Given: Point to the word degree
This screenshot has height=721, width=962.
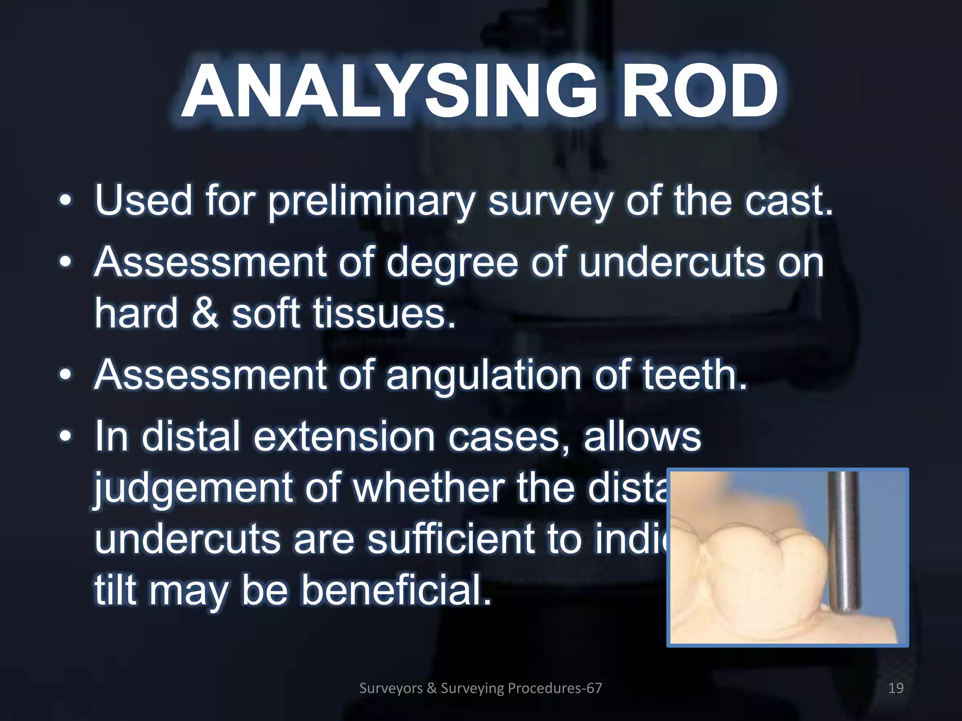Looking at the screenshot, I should pos(452,263).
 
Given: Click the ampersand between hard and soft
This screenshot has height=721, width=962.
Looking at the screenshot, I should pos(205,314).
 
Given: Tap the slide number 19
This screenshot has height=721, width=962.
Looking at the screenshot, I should pos(896,688).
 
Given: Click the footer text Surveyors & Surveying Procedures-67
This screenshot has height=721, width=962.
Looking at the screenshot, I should pos(480,688).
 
